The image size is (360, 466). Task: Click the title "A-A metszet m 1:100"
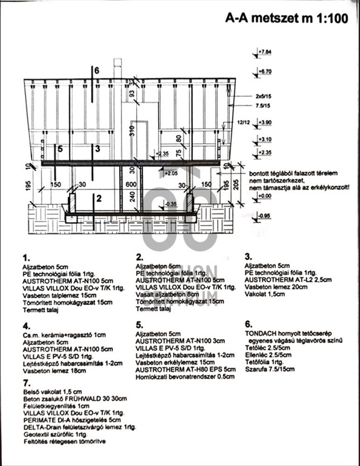coord(286,18)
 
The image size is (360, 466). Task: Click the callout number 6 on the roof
coord(97,71)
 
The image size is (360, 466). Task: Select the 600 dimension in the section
coord(131,185)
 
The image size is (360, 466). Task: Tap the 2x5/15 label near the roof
coord(263,96)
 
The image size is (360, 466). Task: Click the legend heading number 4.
coord(26,326)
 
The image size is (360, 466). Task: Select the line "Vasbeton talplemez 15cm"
coord(61,295)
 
